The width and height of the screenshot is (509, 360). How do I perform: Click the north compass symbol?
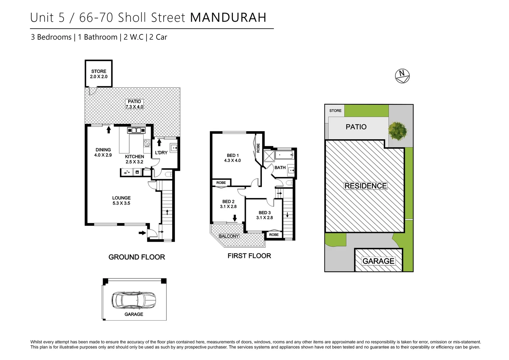pos(402,76)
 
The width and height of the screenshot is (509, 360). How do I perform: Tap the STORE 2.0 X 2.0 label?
pos(99,74)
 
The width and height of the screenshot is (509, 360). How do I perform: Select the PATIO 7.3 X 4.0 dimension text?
pos(134,104)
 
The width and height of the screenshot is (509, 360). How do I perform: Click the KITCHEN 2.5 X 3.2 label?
pos(134,159)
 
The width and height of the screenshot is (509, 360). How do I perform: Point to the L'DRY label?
pos(161,153)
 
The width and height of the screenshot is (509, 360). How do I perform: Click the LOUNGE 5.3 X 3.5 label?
pos(121,200)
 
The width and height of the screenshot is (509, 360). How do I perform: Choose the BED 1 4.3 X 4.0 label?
pos(233,158)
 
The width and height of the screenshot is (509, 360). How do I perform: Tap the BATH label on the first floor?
pos(280,168)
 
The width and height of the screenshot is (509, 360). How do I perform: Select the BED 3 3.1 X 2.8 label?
pos(264,215)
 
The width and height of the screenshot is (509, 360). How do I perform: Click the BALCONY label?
pos(229,236)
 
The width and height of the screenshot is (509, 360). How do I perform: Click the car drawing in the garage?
pos(134,300)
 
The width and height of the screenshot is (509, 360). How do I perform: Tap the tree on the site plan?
pos(397,130)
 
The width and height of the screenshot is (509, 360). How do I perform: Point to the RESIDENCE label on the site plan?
pos(365,186)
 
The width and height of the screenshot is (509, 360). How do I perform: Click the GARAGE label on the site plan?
pos(378,261)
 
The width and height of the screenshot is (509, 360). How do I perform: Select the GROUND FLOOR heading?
pos(137,257)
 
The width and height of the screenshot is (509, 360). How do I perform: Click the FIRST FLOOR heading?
pos(249,256)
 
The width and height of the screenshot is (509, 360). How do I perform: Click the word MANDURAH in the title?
pos(228,18)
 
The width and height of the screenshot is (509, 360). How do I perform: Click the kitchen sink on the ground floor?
pos(136,130)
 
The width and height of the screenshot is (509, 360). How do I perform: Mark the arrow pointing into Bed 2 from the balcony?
pos(235,218)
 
